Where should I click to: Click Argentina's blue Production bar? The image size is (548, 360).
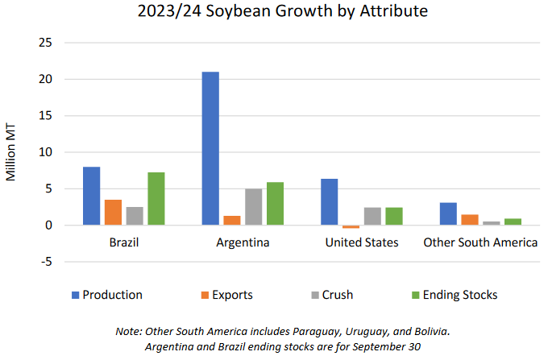pyautogui.click(x=210, y=148)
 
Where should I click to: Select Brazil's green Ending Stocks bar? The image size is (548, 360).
pyautogui.click(x=157, y=199)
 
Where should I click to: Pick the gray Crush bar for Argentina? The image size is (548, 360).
pyautogui.click(x=253, y=207)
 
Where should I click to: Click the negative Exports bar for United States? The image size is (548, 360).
pyautogui.click(x=351, y=227)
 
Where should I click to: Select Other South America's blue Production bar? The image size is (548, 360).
pyautogui.click(x=447, y=214)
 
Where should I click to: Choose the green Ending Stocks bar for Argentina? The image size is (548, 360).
pyautogui.click(x=276, y=204)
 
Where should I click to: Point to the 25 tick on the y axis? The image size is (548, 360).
pyautogui.click(x=47, y=43)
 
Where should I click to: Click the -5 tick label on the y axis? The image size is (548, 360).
pyautogui.click(x=47, y=262)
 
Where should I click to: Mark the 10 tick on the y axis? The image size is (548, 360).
pyautogui.click(x=47, y=152)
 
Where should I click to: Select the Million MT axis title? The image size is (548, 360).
pyautogui.click(x=11, y=152)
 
